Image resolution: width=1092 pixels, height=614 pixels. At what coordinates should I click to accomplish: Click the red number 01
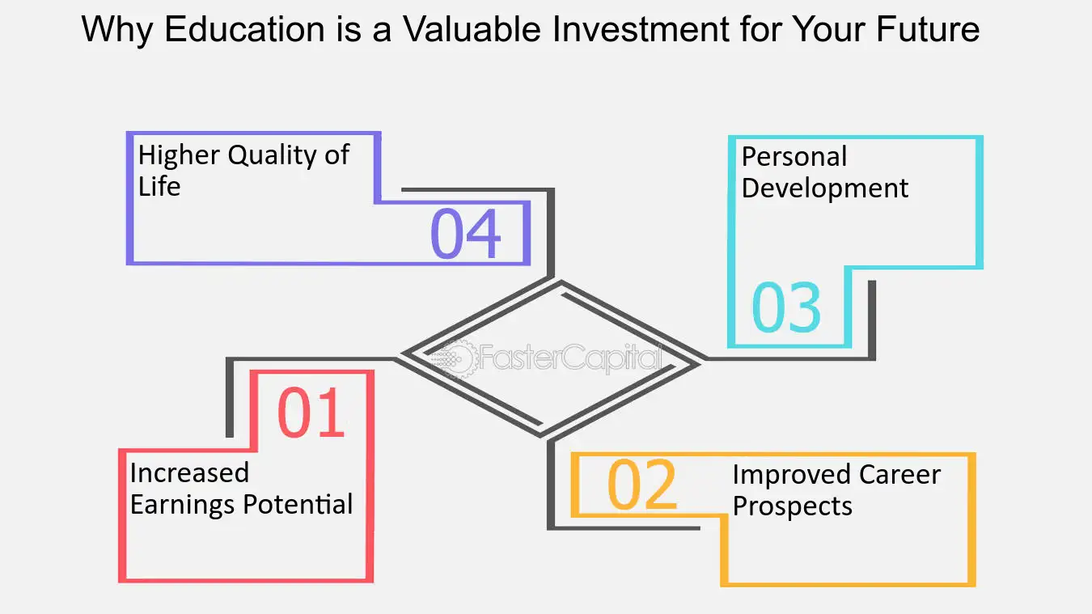click(x=311, y=413)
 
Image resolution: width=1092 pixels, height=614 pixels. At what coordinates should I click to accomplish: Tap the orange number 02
click(x=642, y=485)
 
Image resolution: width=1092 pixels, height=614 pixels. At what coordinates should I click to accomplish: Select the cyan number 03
click(x=786, y=307)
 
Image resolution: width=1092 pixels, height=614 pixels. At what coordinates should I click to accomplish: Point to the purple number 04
click(x=466, y=233)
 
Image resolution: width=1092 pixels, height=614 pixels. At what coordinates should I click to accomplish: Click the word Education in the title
click(x=245, y=29)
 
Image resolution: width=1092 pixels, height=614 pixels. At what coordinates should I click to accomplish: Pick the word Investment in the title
click(x=640, y=29)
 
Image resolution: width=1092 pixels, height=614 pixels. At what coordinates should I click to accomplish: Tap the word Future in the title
click(x=928, y=29)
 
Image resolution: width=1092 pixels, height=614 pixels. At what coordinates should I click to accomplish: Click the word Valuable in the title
click(x=472, y=29)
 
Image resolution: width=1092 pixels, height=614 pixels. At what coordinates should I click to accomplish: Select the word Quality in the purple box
click(x=272, y=156)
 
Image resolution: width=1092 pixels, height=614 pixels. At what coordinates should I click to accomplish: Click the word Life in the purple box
click(x=159, y=186)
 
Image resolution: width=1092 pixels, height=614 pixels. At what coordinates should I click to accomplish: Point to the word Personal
click(x=794, y=157)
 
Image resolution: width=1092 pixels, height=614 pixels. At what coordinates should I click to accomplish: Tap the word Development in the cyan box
click(x=825, y=189)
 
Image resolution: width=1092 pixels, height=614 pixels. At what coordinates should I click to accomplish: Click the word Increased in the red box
click(x=189, y=473)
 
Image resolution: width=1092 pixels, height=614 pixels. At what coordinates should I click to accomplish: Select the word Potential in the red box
click(x=298, y=504)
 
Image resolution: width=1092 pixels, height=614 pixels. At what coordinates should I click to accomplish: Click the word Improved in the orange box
click(x=792, y=476)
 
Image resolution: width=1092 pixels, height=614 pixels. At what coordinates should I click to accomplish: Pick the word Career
click(x=899, y=475)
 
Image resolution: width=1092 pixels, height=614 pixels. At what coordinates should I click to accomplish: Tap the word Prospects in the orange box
click(x=792, y=506)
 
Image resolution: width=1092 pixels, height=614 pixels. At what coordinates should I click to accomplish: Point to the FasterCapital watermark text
click(x=570, y=358)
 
